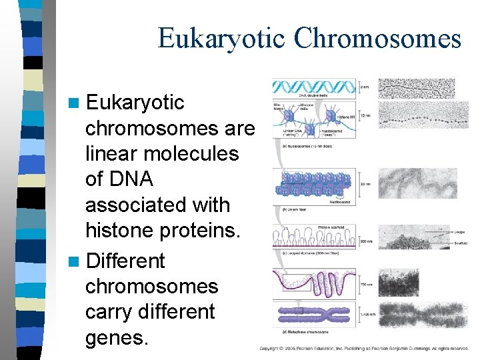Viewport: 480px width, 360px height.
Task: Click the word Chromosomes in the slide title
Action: pyautogui.click(x=378, y=38)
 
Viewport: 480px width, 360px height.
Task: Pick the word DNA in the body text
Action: pyautogui.click(x=129, y=179)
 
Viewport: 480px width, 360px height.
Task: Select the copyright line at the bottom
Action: pyautogui.click(x=363, y=349)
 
